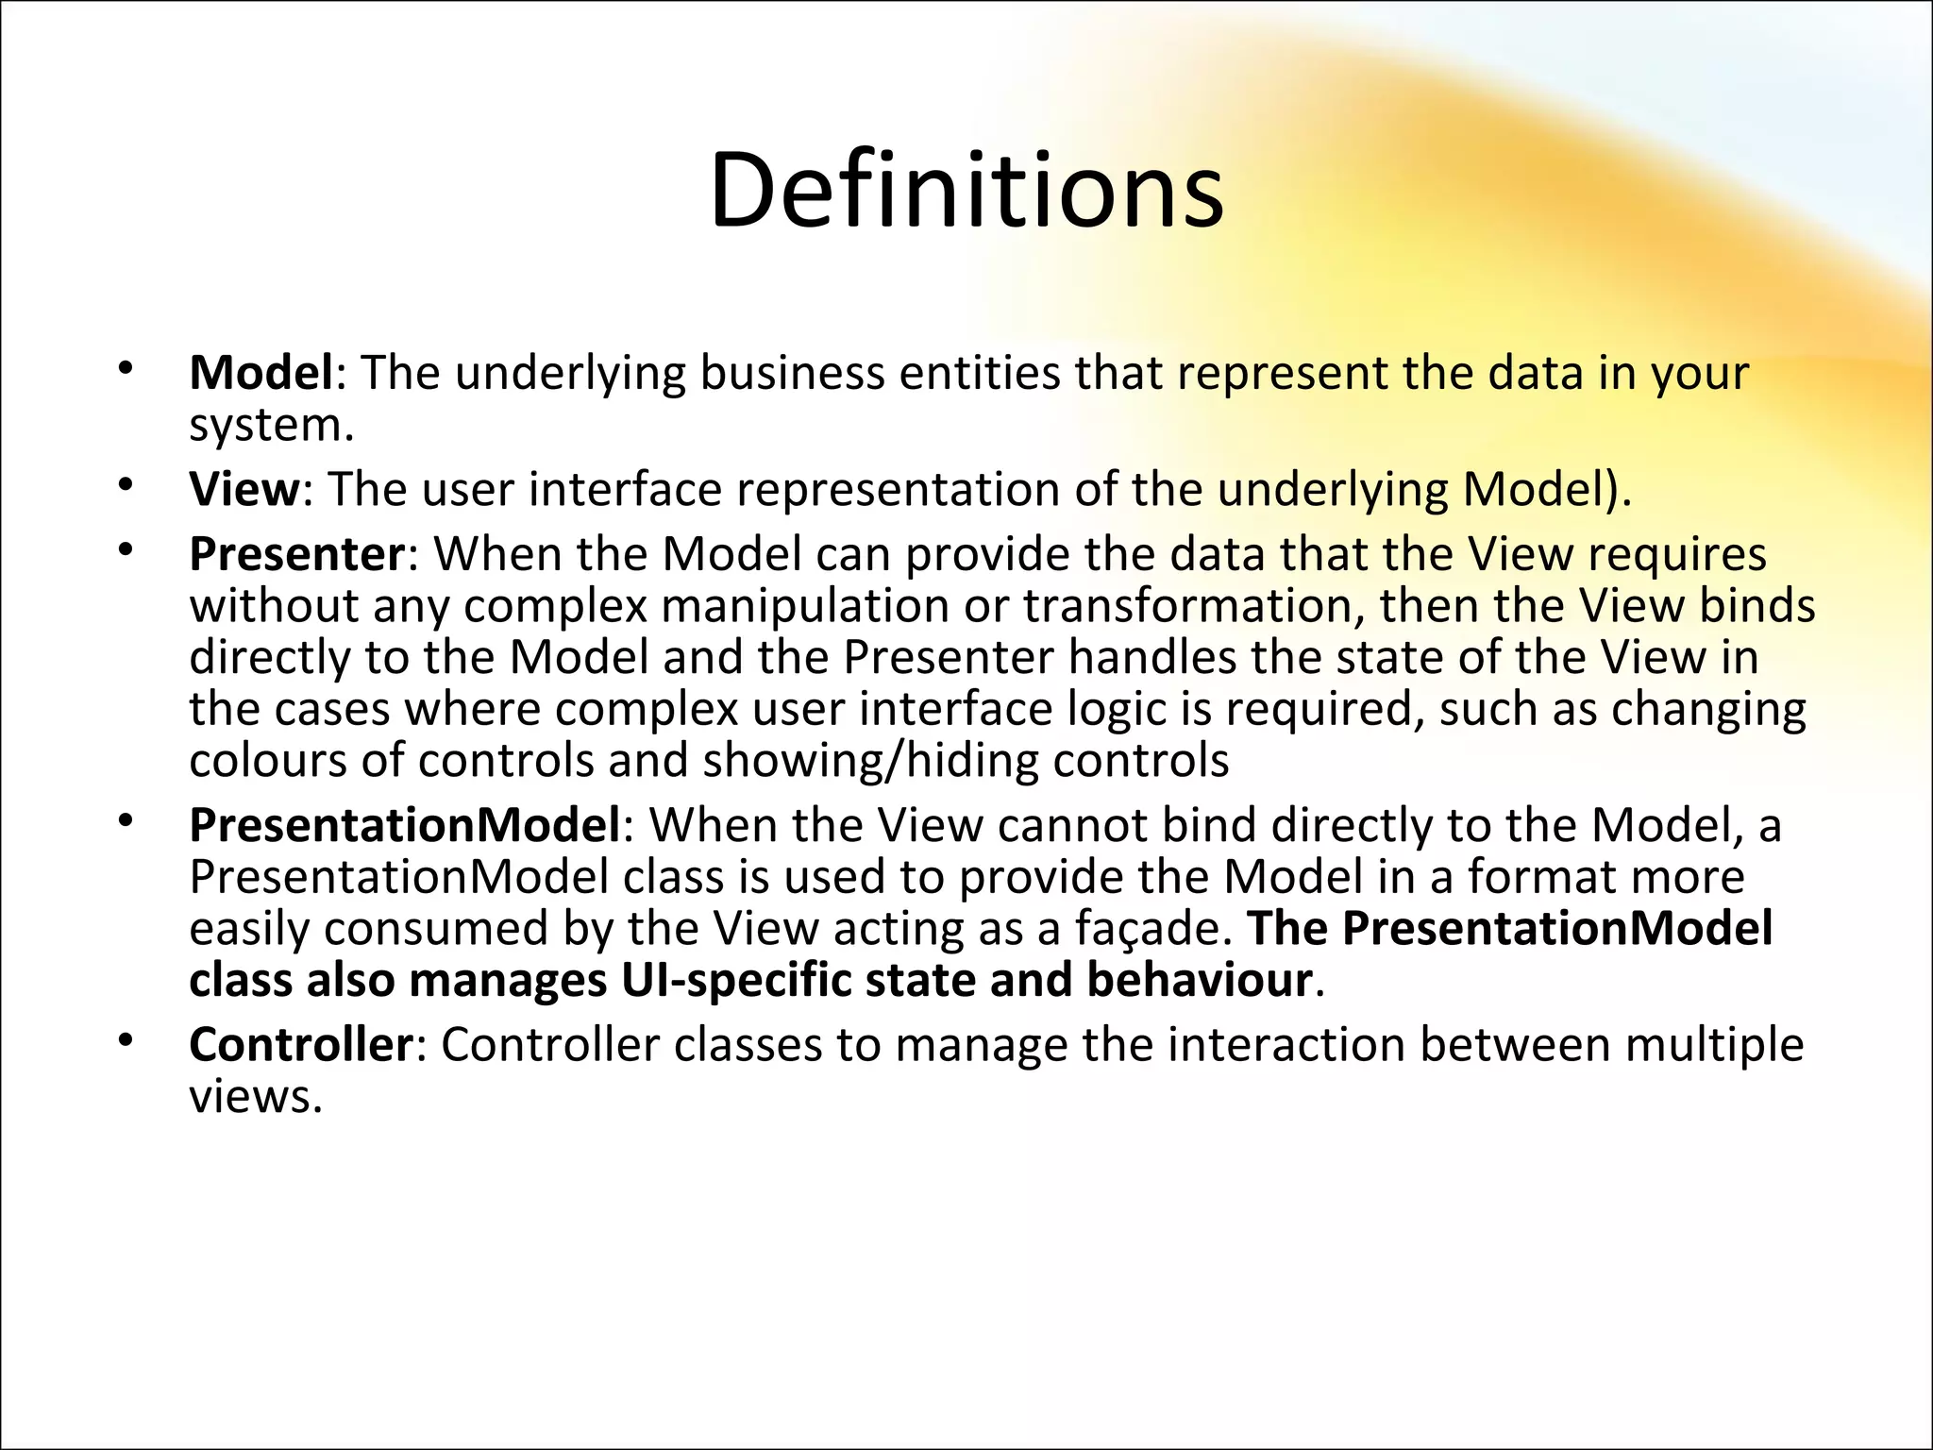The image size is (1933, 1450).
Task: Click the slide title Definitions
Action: (x=966, y=192)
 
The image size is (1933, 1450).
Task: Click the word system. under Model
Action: (x=271, y=427)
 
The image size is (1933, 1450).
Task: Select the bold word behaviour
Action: (x=1199, y=980)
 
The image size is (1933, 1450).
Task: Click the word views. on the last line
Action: (x=256, y=1097)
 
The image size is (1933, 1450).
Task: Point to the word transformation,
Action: (x=1194, y=606)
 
